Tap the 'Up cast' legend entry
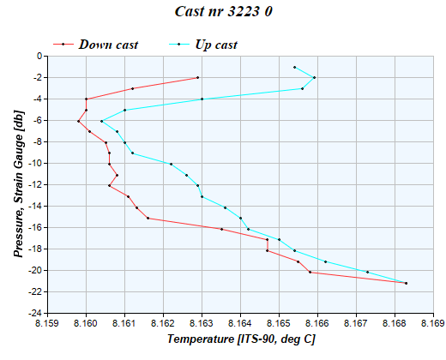[216, 44]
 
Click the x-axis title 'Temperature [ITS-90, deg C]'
[240, 339]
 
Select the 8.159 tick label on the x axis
[48, 324]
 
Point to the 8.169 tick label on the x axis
[433, 324]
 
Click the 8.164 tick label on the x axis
[240, 324]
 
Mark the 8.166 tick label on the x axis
[317, 324]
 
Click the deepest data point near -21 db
[406, 283]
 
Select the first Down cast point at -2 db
[197, 78]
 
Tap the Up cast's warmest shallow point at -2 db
[315, 78]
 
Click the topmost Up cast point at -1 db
[294, 67]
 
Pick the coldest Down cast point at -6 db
[78, 121]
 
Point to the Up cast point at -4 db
[202, 99]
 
